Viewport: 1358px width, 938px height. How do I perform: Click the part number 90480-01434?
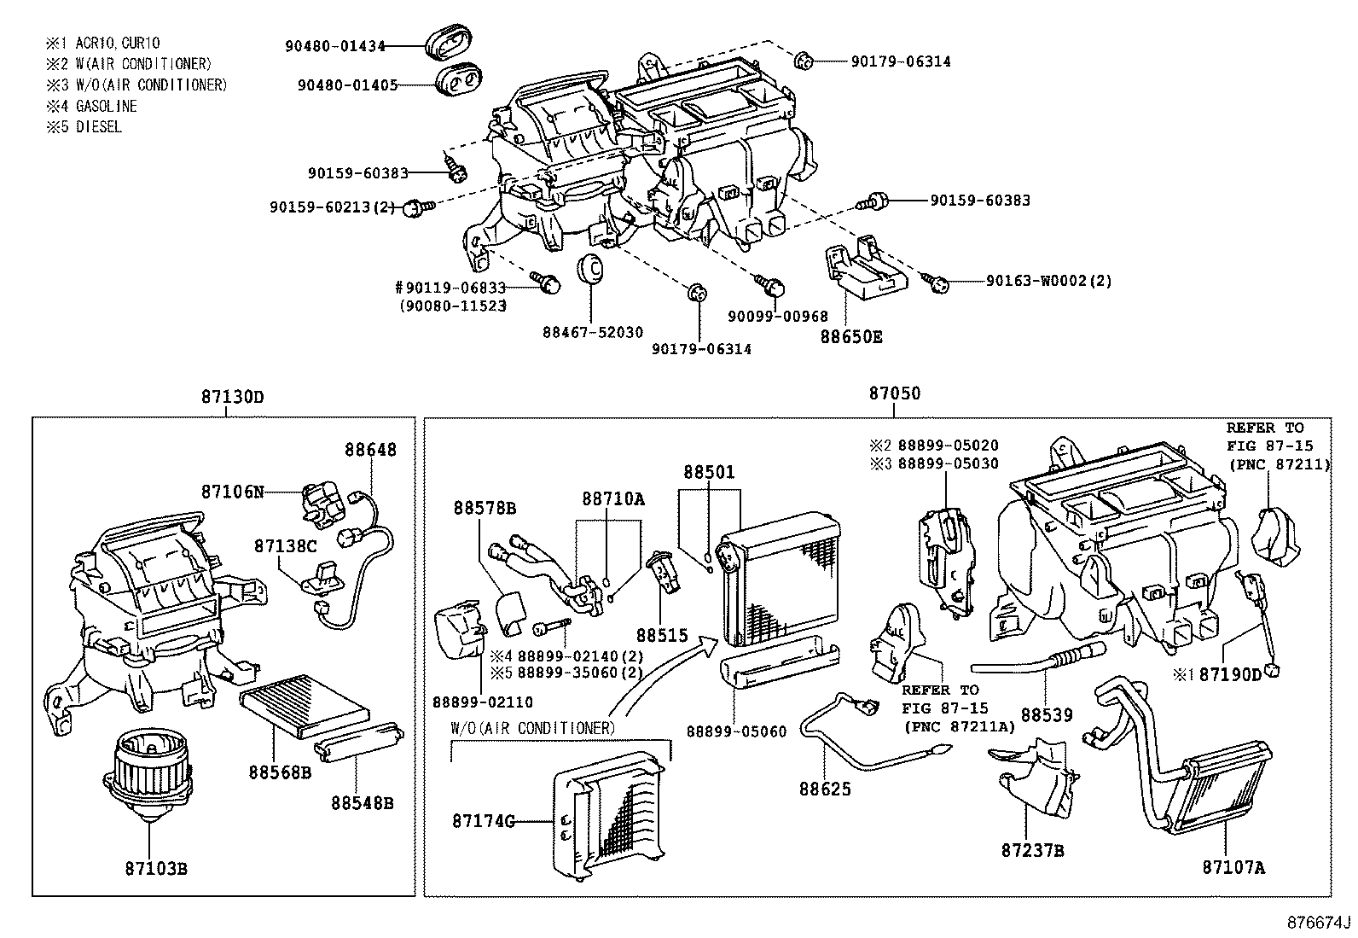point(334,46)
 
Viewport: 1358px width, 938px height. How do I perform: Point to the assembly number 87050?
point(895,393)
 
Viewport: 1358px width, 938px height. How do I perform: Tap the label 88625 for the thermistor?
point(825,789)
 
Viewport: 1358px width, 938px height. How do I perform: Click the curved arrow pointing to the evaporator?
point(657,674)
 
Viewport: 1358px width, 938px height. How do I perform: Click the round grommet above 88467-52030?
point(590,267)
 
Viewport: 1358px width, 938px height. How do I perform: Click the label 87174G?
point(484,821)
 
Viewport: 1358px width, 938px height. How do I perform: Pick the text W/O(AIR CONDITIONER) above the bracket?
point(532,728)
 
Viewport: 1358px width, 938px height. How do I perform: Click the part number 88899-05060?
point(736,731)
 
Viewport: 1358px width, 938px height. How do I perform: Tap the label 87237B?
point(1032,850)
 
